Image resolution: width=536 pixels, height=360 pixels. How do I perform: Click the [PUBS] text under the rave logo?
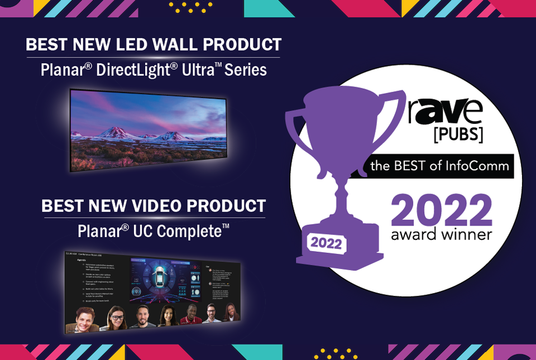(458, 135)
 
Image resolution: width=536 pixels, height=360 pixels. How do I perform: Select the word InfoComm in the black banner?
(477, 166)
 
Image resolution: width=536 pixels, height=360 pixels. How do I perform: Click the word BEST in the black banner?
(411, 166)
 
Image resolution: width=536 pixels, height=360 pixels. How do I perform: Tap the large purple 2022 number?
(441, 210)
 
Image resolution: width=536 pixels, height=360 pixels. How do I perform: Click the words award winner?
(441, 234)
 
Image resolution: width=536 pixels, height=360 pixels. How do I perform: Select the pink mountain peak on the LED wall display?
(114, 132)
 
